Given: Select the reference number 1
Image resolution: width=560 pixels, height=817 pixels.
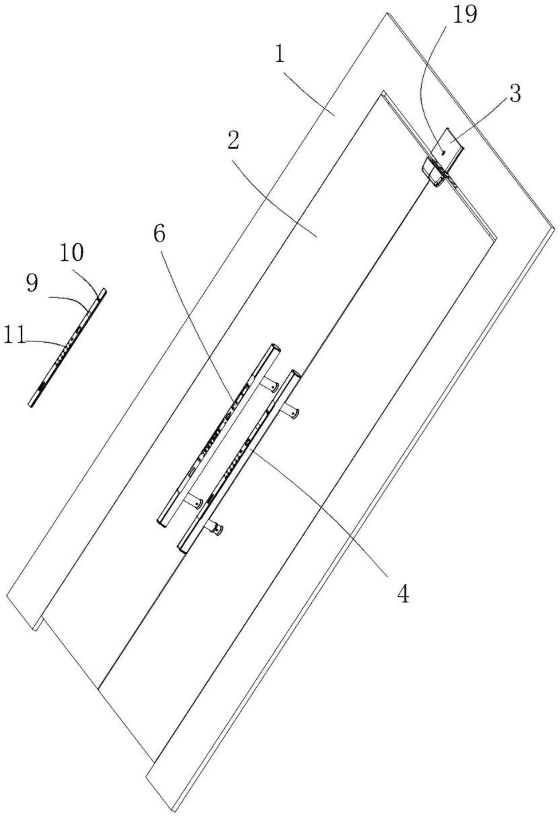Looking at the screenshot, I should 280,55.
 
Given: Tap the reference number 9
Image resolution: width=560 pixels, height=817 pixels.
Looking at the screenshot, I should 32,283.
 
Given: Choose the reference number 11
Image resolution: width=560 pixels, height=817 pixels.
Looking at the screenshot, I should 14,335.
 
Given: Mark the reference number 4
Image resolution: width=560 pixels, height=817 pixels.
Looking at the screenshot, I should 403,594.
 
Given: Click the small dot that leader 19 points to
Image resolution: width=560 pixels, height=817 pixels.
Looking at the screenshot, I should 443,152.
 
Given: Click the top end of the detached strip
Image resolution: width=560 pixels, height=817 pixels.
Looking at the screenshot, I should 103,291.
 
